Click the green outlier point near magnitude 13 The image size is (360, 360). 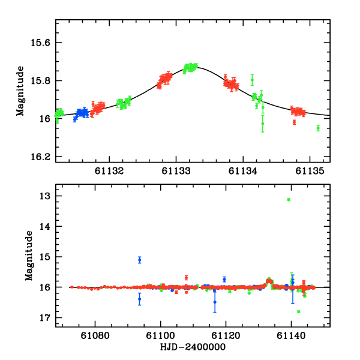289,199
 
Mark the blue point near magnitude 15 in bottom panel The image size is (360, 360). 140,260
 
